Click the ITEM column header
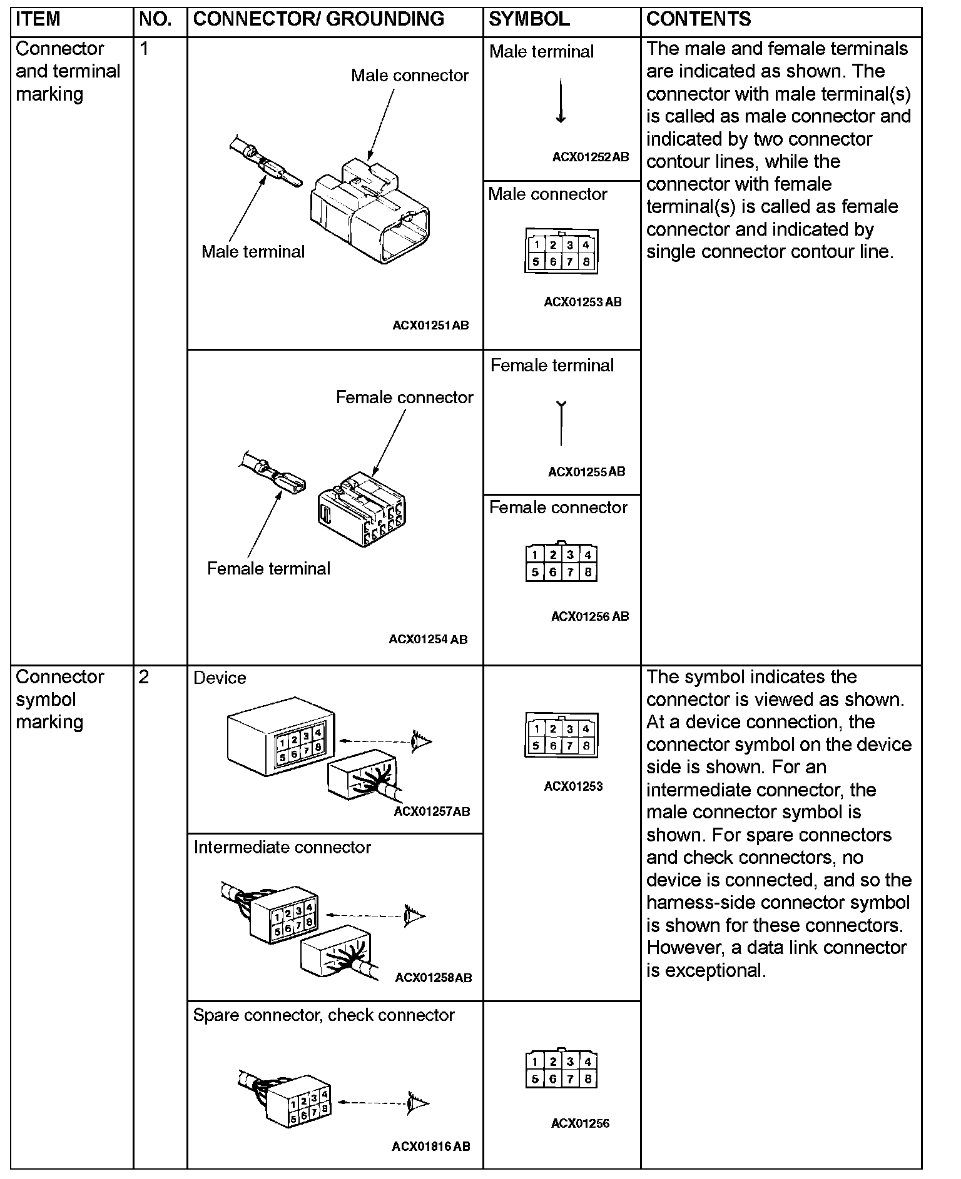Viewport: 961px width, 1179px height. click(38, 19)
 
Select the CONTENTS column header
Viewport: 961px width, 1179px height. click(698, 19)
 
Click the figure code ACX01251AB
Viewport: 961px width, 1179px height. click(430, 326)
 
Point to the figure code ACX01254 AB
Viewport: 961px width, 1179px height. click(428, 640)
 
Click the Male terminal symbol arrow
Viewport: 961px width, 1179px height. click(561, 101)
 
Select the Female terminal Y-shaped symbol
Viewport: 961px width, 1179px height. click(561, 423)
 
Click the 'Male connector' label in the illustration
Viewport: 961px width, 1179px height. click(409, 76)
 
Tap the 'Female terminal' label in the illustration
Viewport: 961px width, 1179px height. click(268, 569)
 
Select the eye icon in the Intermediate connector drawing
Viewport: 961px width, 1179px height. click(414, 916)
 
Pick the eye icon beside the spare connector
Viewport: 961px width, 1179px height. click(417, 1103)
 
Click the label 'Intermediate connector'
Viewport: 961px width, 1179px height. click(282, 848)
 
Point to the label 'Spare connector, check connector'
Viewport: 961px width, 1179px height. click(323, 1015)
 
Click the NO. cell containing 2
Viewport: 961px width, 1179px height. click(144, 678)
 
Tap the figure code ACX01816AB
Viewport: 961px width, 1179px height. click(431, 1146)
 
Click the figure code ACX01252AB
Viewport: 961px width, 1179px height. click(590, 158)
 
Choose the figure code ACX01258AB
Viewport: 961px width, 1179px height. click(434, 978)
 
